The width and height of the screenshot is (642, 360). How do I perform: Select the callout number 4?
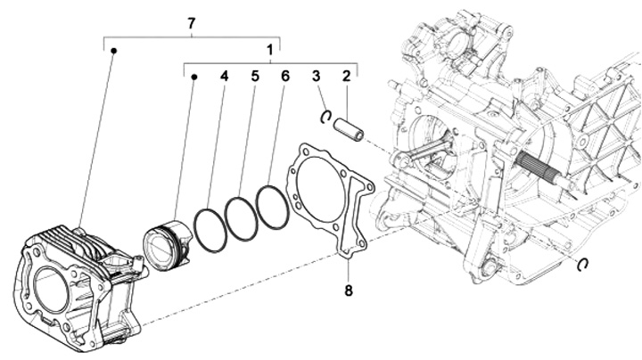click(225, 77)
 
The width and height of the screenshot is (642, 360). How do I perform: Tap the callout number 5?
click(254, 77)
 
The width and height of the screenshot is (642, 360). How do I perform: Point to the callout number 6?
click(284, 77)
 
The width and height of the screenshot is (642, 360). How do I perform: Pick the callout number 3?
click(316, 77)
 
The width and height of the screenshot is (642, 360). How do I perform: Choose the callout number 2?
click(345, 77)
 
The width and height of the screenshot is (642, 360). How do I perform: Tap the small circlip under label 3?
click(327, 115)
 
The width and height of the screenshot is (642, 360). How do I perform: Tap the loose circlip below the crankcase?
click(584, 263)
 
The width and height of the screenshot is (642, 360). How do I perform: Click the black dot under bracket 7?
click(114, 52)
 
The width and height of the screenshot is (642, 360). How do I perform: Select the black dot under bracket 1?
click(193, 78)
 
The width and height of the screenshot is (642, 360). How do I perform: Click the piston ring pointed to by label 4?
click(208, 231)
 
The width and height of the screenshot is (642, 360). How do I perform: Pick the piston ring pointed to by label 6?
click(272, 206)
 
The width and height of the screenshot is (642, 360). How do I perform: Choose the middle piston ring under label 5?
click(241, 217)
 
